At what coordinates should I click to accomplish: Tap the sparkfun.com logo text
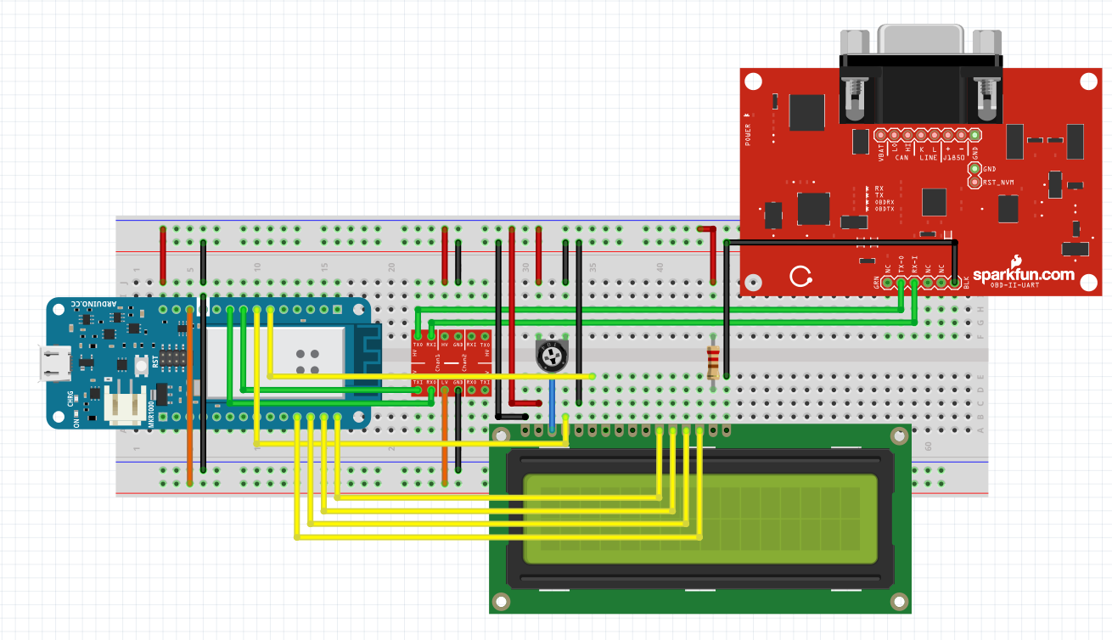(1023, 275)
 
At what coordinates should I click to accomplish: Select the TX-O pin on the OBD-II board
(901, 282)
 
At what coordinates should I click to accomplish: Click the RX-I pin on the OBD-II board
(914, 282)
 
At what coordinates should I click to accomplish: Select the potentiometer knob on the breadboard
(552, 356)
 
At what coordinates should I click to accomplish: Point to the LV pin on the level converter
(444, 383)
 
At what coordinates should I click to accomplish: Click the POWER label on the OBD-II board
(748, 134)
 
